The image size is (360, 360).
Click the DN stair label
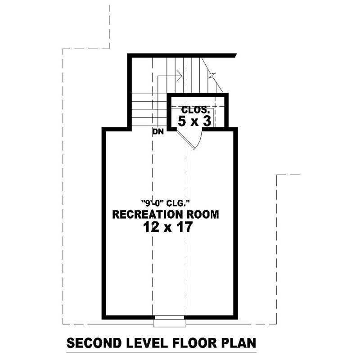point(157,131)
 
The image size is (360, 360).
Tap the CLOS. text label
point(195,110)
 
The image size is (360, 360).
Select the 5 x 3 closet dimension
point(195,121)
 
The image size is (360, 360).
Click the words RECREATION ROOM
point(165,215)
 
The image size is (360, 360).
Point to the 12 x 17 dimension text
point(168,228)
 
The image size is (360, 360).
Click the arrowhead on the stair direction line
point(180,76)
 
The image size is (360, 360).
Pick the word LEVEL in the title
point(144,343)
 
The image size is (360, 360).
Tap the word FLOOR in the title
point(194,343)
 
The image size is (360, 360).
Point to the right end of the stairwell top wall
point(235,56)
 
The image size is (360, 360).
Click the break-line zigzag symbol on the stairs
point(211,75)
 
